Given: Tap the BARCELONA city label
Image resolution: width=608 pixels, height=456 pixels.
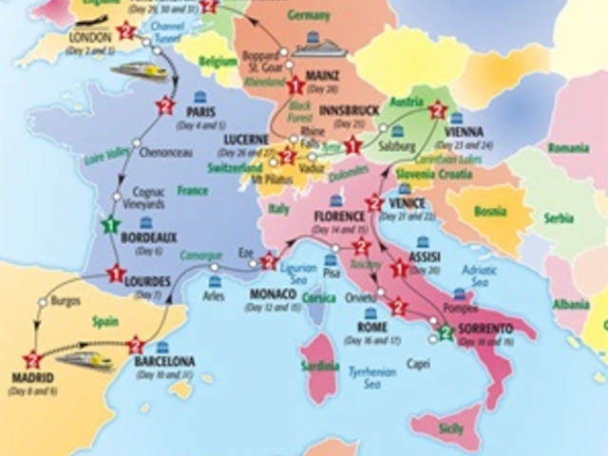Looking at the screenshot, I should click(x=165, y=362).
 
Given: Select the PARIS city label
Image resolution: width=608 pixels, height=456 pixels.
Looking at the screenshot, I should click(x=200, y=112).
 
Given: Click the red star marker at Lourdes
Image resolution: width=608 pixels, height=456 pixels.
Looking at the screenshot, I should click(x=117, y=274).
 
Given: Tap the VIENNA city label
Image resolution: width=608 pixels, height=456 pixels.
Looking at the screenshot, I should click(x=464, y=132).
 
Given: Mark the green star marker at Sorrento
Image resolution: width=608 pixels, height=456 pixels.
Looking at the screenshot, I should click(x=445, y=332).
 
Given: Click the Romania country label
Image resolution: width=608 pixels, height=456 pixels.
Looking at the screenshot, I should click(x=568, y=148).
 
